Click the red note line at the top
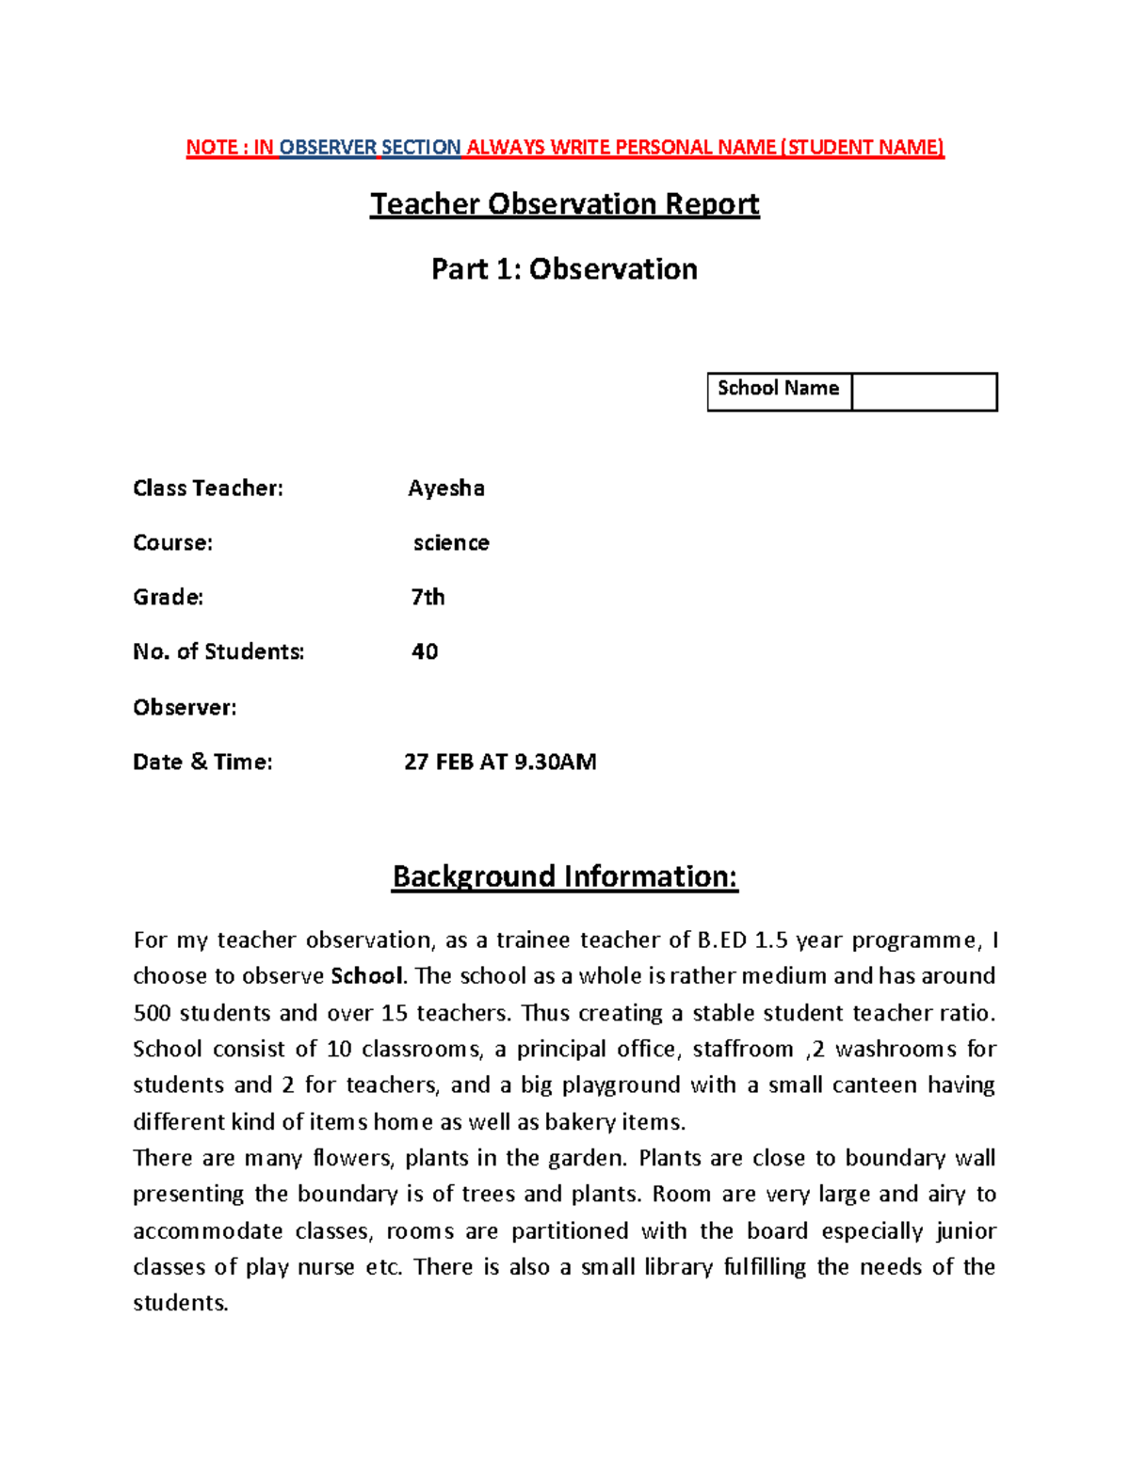click(564, 147)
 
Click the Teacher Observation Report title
click(564, 204)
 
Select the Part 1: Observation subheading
click(564, 269)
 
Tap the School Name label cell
click(778, 389)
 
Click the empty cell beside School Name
click(924, 392)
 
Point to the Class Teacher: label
click(208, 488)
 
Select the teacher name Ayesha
click(446, 488)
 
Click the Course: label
click(172, 542)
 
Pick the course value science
click(451, 542)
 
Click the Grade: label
click(168, 597)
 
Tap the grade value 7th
click(428, 597)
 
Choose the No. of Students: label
click(218, 651)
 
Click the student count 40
click(425, 651)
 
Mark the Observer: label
click(185, 707)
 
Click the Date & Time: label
click(202, 762)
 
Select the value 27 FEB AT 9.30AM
click(500, 762)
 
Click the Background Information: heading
click(565, 876)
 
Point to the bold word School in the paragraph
click(366, 976)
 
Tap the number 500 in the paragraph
click(152, 1013)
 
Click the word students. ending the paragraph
click(181, 1303)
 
